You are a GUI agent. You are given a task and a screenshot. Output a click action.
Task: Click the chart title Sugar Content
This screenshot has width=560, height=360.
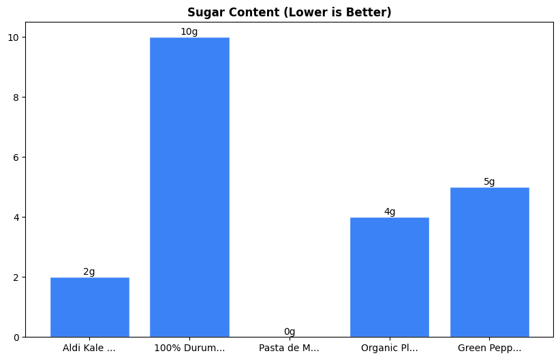point(290,12)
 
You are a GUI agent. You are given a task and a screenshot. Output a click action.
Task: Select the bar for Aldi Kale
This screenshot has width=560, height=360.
point(89,307)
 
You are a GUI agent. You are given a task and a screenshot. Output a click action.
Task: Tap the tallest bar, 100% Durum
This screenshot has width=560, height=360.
point(189,187)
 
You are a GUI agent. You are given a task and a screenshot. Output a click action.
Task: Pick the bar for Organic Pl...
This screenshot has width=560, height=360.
point(390,277)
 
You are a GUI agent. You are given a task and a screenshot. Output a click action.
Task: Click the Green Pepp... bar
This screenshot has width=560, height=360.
point(489,262)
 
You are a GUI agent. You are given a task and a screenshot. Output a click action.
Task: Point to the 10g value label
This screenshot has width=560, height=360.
point(189,32)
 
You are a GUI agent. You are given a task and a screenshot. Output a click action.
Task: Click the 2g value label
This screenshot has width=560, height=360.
point(89,272)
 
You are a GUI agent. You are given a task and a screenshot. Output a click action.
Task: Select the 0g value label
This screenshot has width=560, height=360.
point(290,332)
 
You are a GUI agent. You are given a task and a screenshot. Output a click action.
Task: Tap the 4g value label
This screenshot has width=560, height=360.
point(390,212)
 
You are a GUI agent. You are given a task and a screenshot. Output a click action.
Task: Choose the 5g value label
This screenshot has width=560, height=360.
point(489,182)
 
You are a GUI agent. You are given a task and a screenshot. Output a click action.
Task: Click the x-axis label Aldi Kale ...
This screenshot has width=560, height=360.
point(89,348)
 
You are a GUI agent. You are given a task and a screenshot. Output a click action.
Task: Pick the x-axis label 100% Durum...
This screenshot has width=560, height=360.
point(189,348)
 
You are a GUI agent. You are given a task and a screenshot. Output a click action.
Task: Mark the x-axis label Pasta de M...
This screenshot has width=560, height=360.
point(290,348)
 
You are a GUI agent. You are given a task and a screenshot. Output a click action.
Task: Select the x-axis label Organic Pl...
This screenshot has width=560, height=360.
point(390,348)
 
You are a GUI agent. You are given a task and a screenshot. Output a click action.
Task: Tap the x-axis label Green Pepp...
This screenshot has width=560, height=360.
point(489,348)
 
